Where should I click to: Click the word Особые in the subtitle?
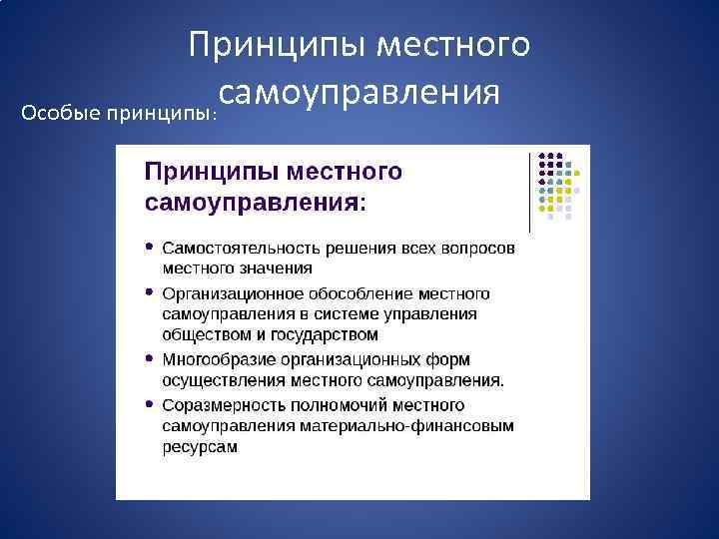point(48,109)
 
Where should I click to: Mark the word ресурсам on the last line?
point(200,446)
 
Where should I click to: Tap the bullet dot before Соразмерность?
point(149,405)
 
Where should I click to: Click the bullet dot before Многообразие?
point(149,358)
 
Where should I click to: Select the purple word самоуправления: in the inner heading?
point(256,203)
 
